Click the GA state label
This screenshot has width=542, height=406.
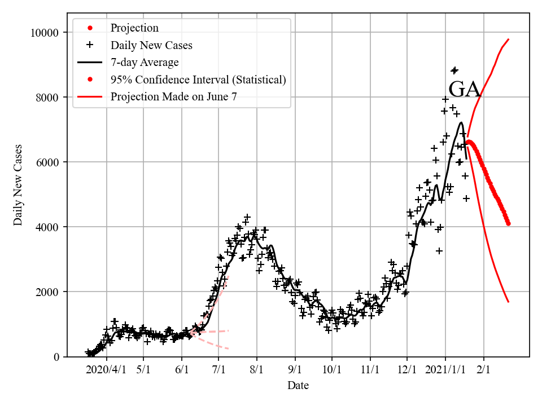point(465,90)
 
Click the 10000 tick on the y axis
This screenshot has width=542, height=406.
point(44,33)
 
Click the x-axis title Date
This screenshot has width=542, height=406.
point(298,386)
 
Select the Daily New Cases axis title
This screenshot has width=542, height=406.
point(19,184)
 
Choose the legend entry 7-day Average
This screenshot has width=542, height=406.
point(145,62)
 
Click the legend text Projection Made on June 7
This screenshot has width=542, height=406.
point(174,96)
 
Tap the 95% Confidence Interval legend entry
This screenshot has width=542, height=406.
point(198,80)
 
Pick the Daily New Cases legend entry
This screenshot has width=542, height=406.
point(151,45)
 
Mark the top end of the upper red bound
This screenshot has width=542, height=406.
point(509,39)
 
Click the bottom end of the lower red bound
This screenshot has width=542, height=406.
point(509,302)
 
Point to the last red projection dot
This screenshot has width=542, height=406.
point(508,223)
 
